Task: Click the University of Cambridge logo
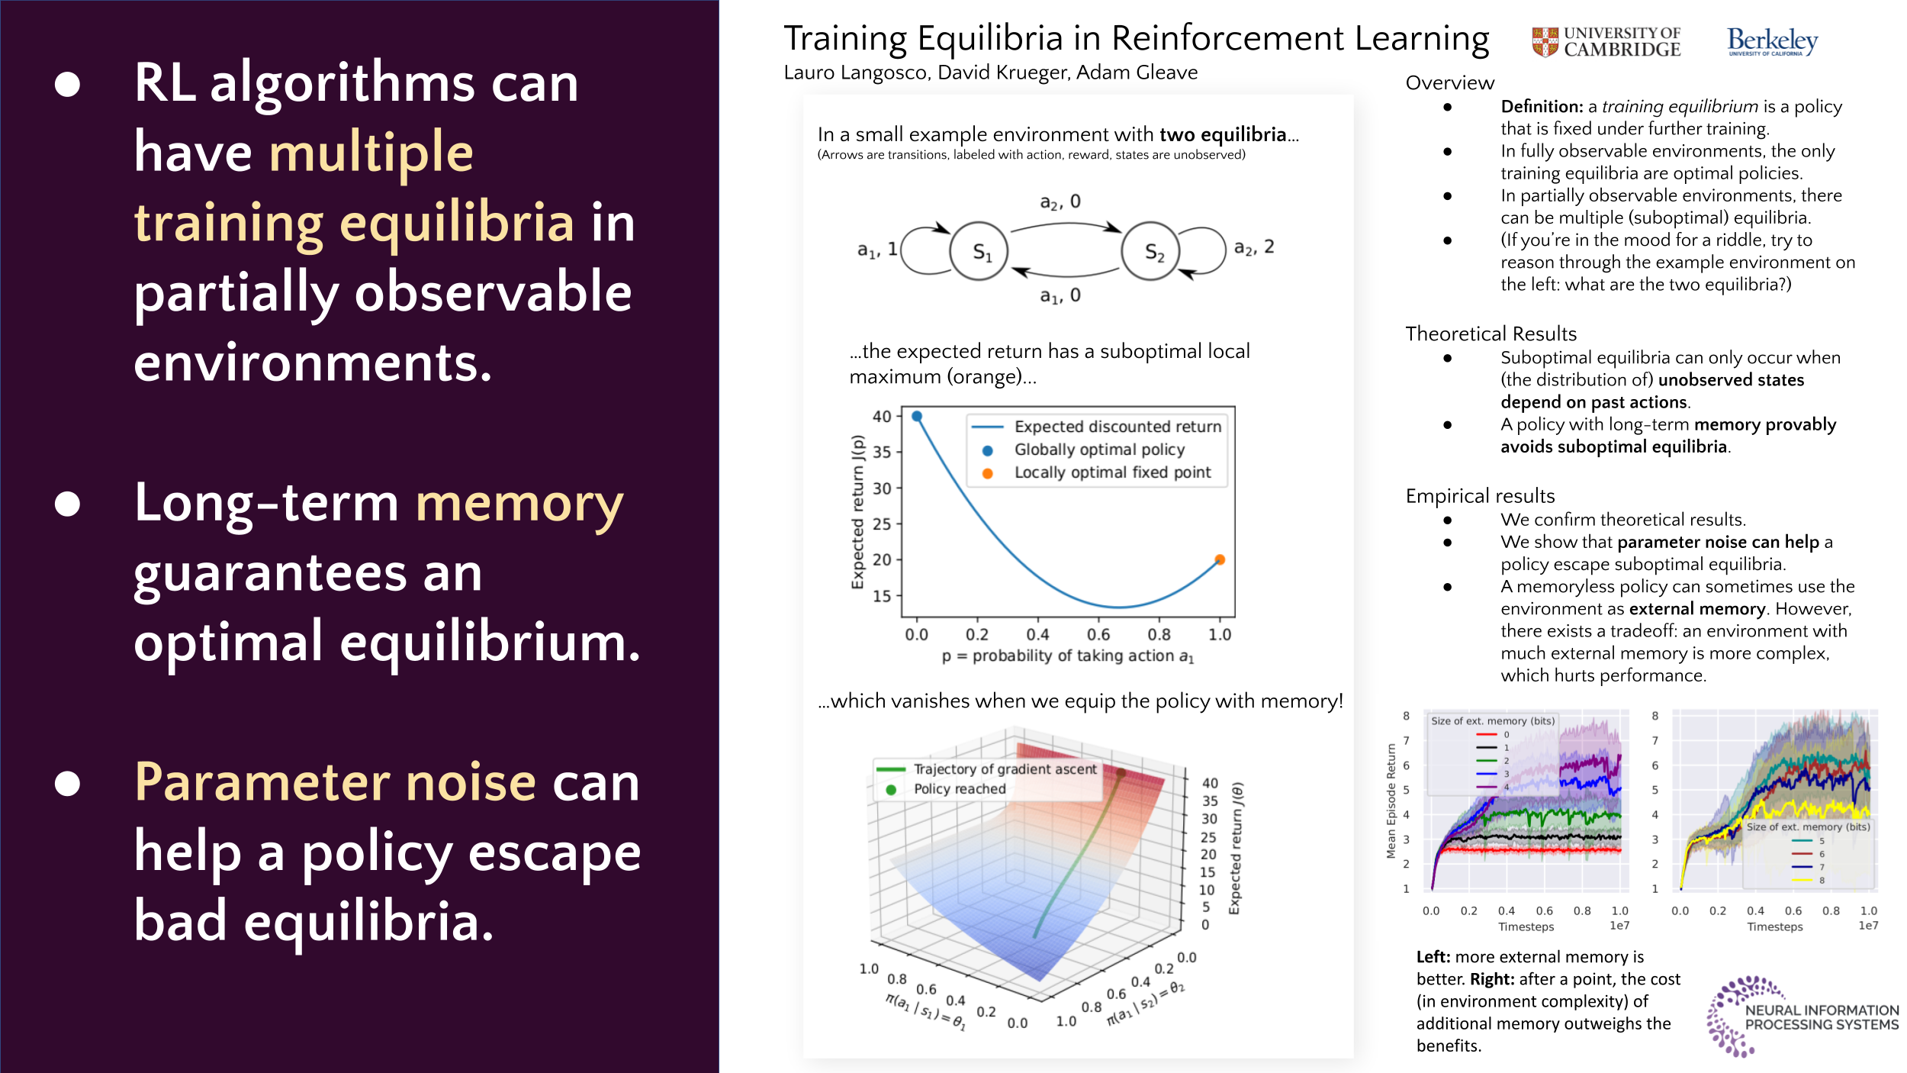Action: pyautogui.click(x=1606, y=43)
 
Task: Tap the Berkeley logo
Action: pyautogui.click(x=1773, y=41)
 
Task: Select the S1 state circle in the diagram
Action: pyautogui.click(x=979, y=251)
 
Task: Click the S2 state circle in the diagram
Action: pyautogui.click(x=1150, y=251)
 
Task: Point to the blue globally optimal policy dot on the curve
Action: pyautogui.click(x=917, y=416)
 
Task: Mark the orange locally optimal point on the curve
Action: pyautogui.click(x=1220, y=559)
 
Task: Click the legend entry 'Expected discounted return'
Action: pyautogui.click(x=1096, y=427)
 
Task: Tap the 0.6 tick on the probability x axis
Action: pyautogui.click(x=1098, y=634)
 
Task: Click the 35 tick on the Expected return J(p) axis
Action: pyautogui.click(x=882, y=452)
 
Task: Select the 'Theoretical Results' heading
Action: pyautogui.click(x=1491, y=333)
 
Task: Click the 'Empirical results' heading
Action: pyautogui.click(x=1480, y=496)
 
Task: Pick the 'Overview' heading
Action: pyautogui.click(x=1449, y=82)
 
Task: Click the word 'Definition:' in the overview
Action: pyautogui.click(x=1542, y=106)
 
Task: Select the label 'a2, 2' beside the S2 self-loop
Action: pyautogui.click(x=1254, y=247)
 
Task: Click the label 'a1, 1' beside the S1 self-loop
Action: pyautogui.click(x=877, y=250)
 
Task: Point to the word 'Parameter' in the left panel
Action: pyautogui.click(x=336, y=782)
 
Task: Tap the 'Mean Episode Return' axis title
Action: pyautogui.click(x=1391, y=801)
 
